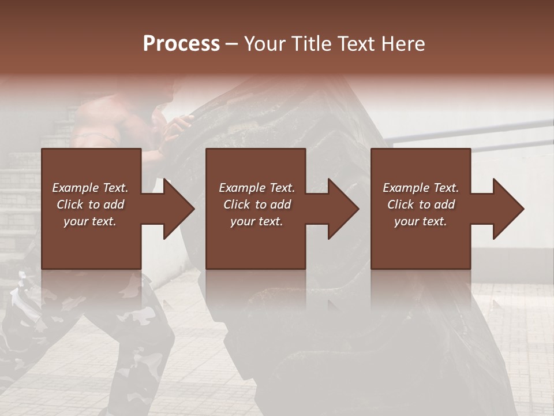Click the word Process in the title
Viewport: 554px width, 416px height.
click(181, 44)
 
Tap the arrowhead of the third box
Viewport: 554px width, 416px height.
click(508, 209)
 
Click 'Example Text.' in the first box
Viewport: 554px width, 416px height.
click(90, 188)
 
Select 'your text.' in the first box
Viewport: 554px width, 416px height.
click(90, 221)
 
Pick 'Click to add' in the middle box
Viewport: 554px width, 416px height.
click(257, 205)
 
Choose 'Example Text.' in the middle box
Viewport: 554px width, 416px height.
click(257, 188)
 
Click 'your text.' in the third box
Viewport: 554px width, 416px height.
click(421, 221)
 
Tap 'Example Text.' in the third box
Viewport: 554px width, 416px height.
click(421, 188)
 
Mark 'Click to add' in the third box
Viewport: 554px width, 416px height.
click(421, 205)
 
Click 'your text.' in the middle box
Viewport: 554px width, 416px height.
click(257, 221)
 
